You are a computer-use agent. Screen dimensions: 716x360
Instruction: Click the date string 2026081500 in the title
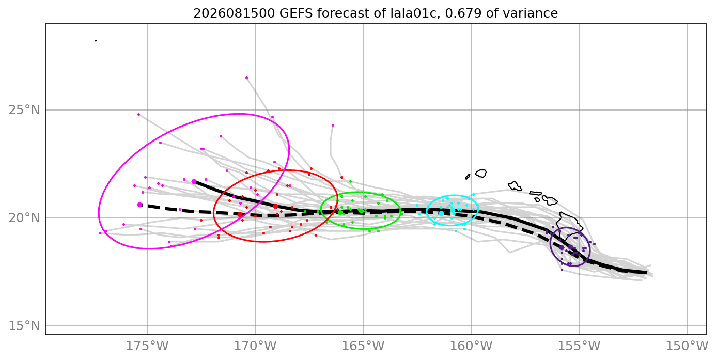pos(234,13)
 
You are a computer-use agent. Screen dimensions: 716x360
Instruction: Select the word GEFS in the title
pos(297,13)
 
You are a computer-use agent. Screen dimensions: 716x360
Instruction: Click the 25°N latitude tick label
pos(24,110)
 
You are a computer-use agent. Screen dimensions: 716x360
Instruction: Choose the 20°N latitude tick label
pos(24,218)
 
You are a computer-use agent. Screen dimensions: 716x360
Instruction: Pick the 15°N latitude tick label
pos(24,326)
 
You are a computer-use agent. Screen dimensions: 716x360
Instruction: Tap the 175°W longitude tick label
pos(147,346)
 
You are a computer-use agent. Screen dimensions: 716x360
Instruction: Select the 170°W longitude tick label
pos(255,346)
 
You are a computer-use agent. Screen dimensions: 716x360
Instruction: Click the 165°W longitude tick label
pos(363,346)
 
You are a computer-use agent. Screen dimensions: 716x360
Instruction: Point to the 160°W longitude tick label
pos(471,346)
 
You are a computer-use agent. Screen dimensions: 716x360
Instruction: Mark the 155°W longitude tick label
pos(579,346)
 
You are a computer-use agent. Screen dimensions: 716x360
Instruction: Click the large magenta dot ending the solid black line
pos(194,182)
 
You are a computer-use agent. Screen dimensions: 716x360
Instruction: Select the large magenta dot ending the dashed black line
pos(139,205)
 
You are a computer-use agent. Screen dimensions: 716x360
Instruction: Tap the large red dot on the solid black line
pos(275,207)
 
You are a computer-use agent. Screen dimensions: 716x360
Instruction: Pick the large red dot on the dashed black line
pos(240,214)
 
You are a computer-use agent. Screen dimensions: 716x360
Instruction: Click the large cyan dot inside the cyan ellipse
pos(441,213)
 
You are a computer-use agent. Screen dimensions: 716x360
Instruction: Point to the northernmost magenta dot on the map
pos(246,77)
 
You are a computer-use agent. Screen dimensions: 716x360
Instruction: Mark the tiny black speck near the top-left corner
pos(96,41)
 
